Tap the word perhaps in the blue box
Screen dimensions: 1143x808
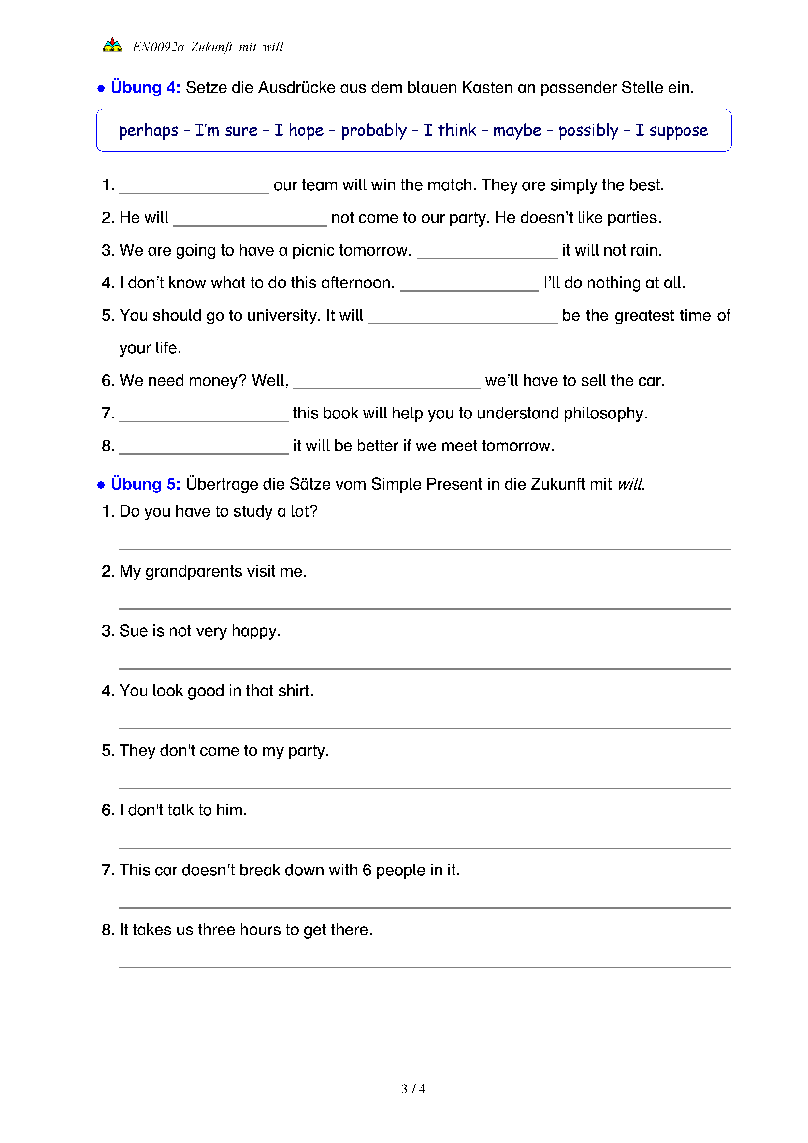148,130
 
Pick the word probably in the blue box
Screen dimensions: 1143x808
374,130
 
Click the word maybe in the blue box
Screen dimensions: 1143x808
517,130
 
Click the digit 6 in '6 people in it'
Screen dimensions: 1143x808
367,870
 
